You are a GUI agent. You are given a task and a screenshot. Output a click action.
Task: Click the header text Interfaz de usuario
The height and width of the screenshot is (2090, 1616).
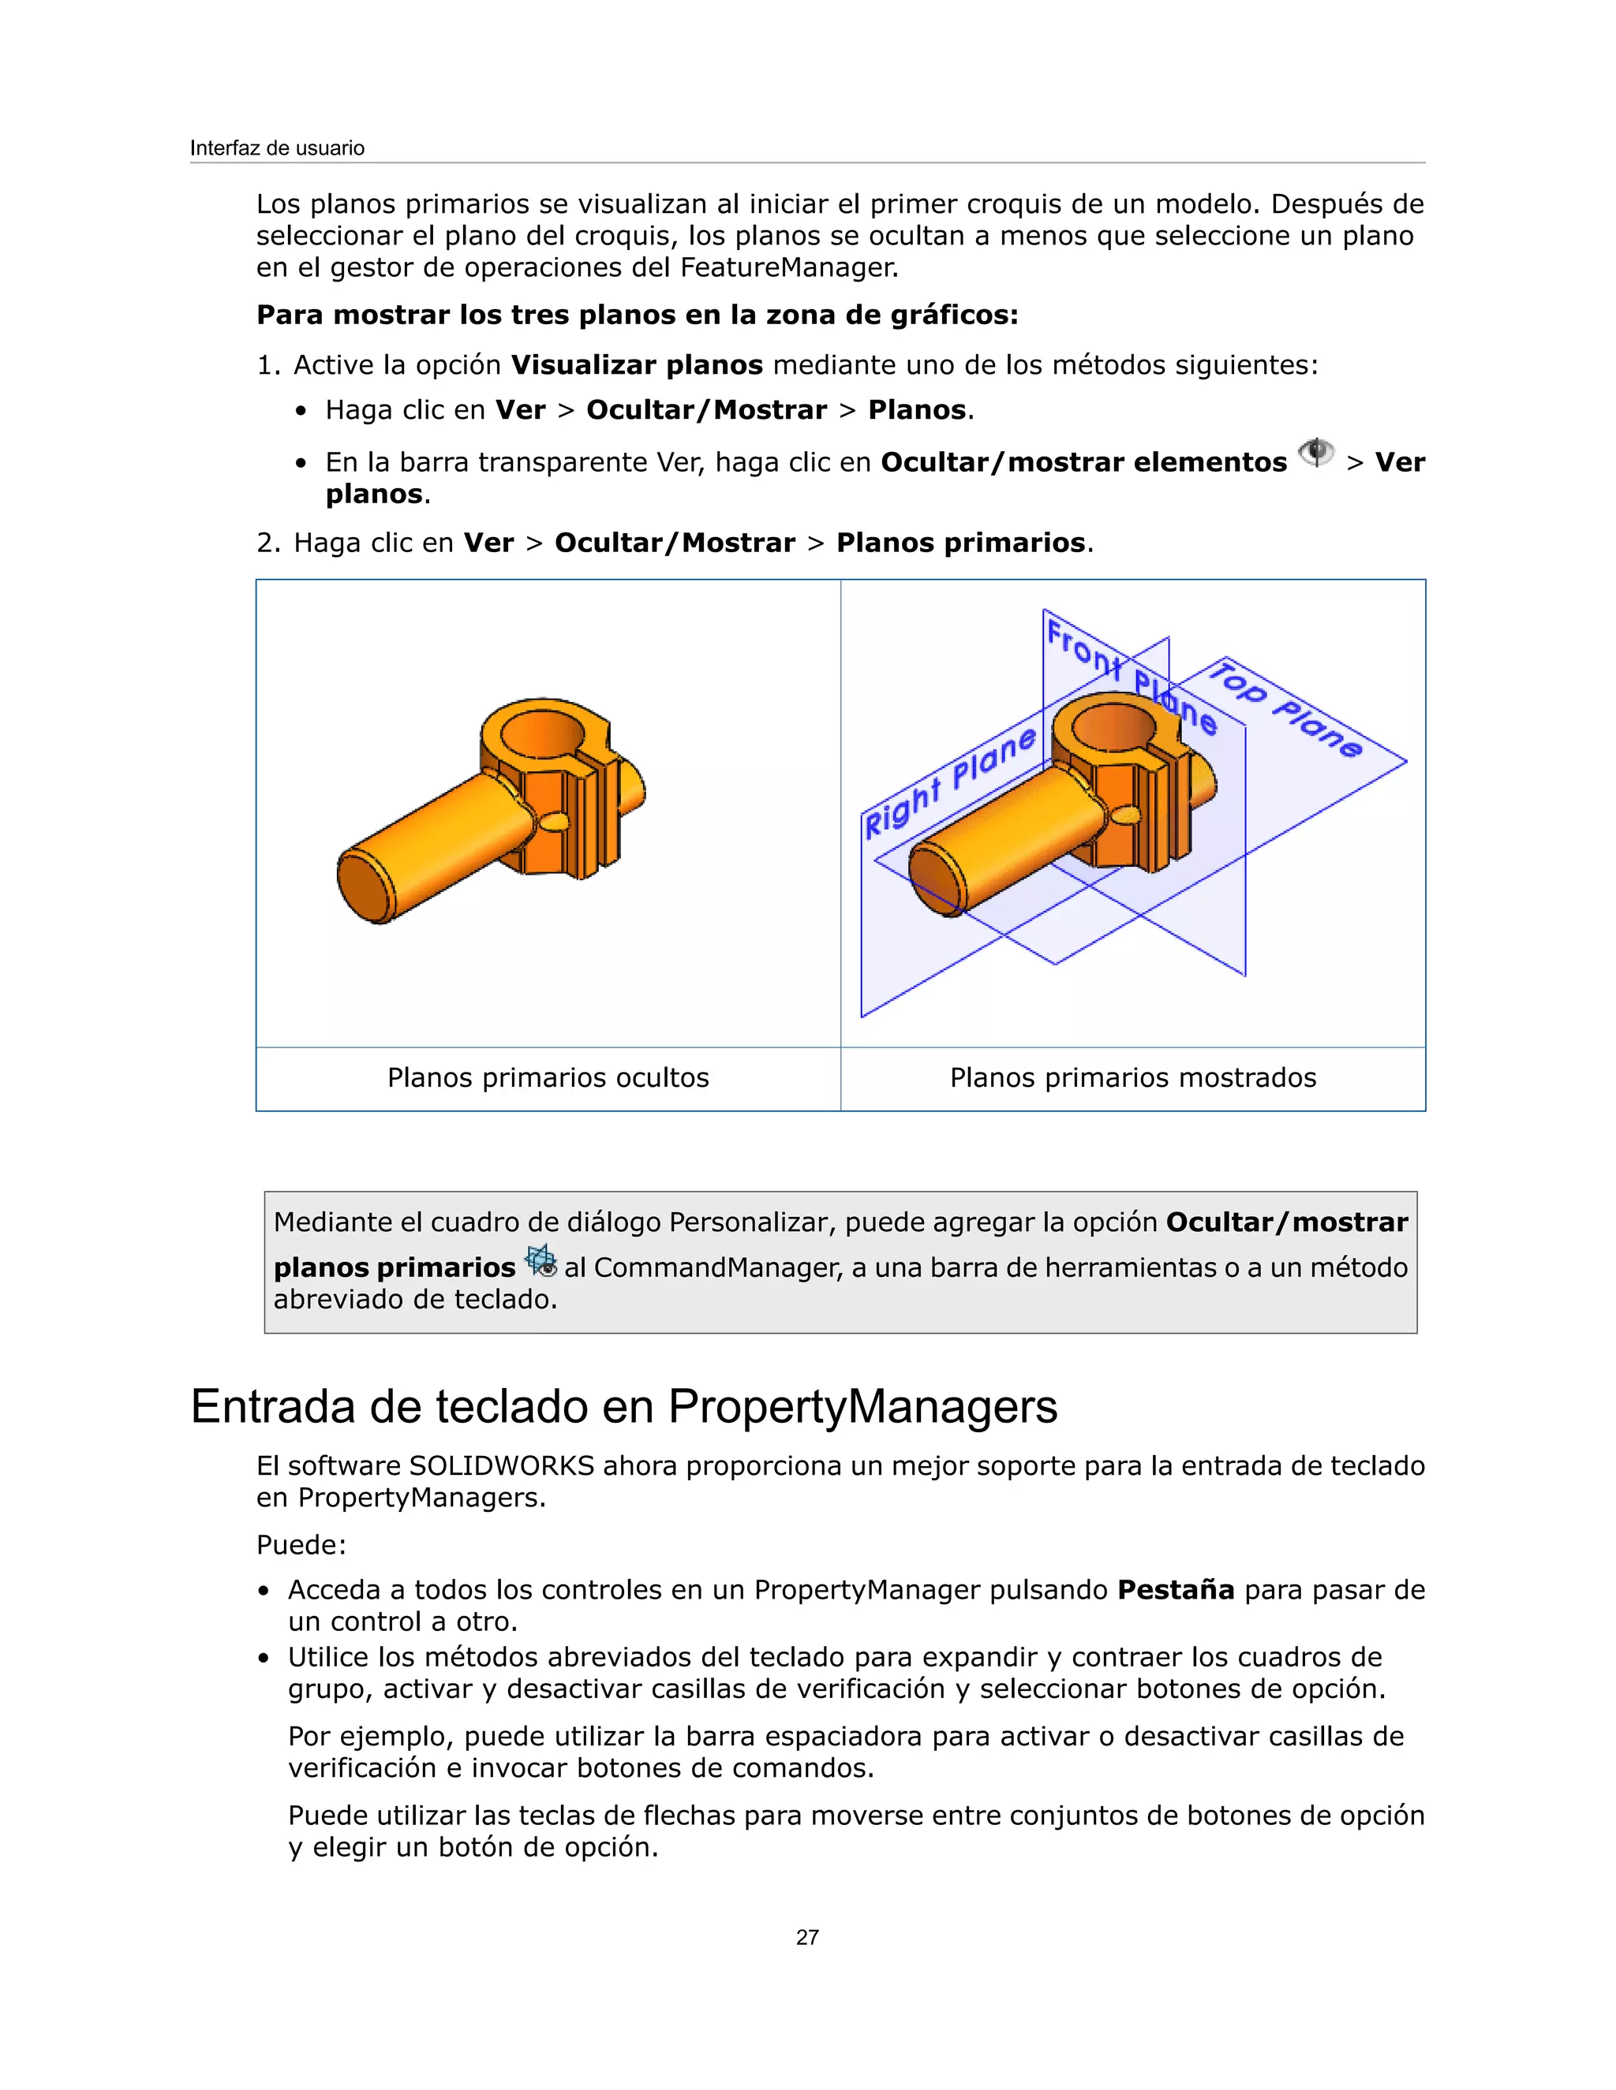pos(277,148)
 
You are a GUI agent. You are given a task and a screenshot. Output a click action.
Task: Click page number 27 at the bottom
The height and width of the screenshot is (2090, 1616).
pos(807,1937)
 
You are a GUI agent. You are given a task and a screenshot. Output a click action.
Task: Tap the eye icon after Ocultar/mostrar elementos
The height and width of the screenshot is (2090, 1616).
pos(1316,453)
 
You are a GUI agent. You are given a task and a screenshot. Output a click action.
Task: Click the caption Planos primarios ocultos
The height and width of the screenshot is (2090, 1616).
pos(548,1077)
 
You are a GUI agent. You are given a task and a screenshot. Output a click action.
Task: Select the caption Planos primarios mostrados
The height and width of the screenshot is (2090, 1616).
pos(1132,1077)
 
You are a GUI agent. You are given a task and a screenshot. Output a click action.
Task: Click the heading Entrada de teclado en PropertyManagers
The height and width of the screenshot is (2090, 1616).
pos(623,1407)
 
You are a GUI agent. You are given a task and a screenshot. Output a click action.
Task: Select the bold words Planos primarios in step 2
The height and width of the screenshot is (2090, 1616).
pos(960,543)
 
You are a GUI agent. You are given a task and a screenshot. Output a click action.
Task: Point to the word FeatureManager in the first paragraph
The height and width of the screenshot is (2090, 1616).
pos(789,267)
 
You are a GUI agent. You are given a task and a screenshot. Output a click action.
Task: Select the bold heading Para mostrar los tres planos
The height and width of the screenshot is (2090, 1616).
pos(637,315)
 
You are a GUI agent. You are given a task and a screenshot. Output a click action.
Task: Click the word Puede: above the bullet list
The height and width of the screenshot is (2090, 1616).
pos(301,1544)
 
